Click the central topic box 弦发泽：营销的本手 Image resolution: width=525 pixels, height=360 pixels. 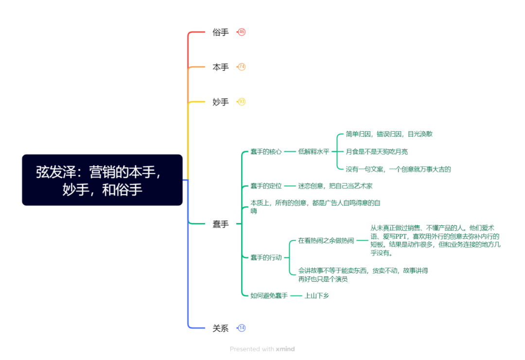coord(102,180)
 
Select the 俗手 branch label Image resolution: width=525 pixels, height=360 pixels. coord(220,33)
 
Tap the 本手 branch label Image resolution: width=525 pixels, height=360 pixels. coord(220,67)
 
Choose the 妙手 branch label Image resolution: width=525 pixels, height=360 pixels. coord(220,102)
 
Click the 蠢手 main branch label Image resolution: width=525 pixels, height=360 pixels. coord(220,224)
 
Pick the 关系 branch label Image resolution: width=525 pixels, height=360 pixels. coord(220,328)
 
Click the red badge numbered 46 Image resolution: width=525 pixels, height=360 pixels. coord(242,32)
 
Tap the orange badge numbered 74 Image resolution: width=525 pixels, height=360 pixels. coord(242,67)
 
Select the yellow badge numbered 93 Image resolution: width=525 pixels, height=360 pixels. coord(242,102)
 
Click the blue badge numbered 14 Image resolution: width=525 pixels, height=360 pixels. coord(242,328)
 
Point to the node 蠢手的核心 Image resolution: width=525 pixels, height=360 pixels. coord(266,152)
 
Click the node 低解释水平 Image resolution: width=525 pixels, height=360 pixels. coord(314,152)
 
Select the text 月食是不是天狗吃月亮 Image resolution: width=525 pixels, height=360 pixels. coord(377,152)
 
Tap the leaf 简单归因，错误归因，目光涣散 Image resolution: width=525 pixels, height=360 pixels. coord(389,134)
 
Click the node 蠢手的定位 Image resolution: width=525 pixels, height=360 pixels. coord(266,186)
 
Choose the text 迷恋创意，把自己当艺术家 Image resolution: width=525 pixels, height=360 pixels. coord(335,186)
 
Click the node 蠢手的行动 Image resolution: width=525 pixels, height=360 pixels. coord(266,257)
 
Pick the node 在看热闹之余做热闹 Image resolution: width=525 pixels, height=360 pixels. coord(326,240)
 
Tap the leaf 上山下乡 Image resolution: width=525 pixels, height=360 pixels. coord(316,295)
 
